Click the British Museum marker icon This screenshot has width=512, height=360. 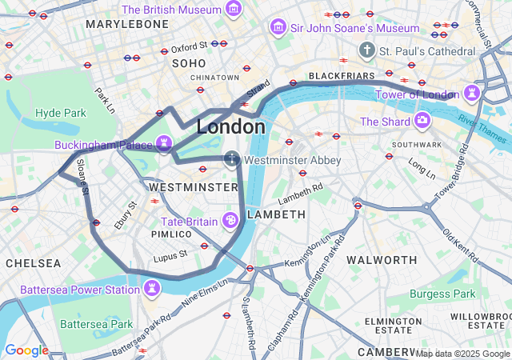234,9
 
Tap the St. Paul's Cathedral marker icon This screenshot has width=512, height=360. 367,50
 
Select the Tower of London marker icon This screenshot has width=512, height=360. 474,92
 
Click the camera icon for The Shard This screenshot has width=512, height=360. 422,122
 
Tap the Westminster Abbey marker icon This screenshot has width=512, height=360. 232,159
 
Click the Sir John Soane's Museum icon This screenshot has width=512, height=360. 278,28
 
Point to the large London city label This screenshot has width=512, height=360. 231,127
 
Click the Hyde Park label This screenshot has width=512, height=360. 60,113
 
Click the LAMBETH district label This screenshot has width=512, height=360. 276,214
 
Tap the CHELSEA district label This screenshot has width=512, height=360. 33,263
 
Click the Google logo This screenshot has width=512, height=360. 26,350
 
